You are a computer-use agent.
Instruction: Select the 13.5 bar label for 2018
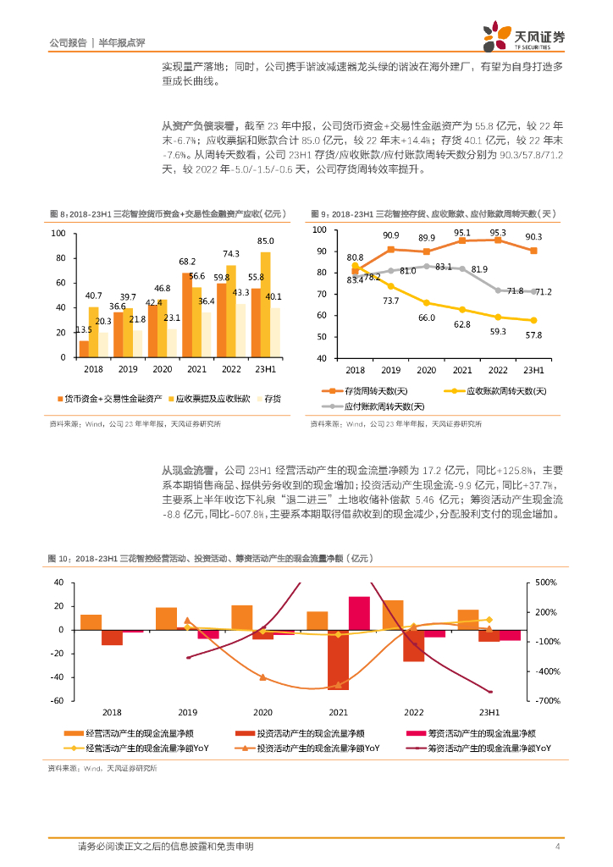click(85, 329)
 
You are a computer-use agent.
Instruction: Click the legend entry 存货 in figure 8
click(272, 398)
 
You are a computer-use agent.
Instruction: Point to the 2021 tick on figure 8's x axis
click(197, 370)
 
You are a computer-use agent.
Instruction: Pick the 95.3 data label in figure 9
click(498, 232)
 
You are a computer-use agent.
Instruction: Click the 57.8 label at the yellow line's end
click(533, 335)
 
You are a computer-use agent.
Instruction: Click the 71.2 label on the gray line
click(542, 291)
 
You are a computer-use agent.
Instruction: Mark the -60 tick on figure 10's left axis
click(58, 701)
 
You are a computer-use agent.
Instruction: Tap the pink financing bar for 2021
click(359, 613)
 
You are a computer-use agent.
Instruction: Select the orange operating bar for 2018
click(91, 622)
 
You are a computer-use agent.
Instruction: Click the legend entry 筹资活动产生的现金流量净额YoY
click(483, 748)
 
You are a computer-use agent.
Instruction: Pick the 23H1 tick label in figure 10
click(488, 714)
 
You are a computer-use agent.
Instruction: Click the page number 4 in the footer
click(557, 847)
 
